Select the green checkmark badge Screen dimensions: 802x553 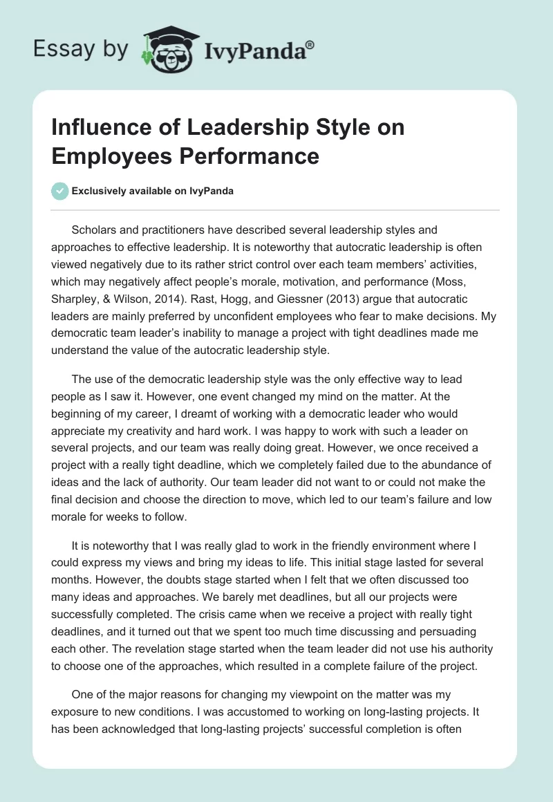click(60, 191)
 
